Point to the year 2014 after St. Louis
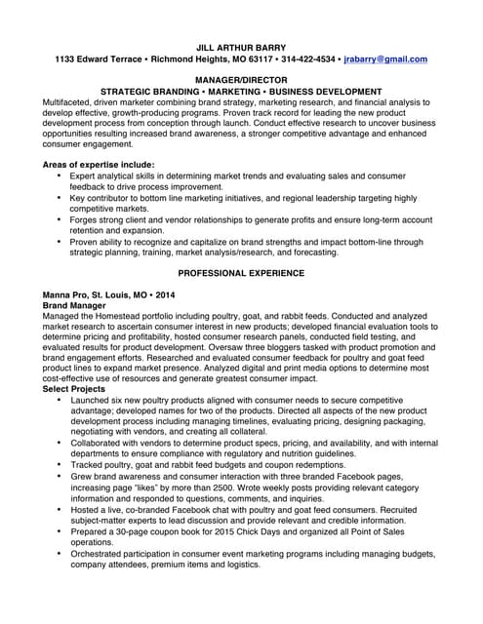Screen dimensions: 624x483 [165, 294]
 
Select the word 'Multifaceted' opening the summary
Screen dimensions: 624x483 [69, 101]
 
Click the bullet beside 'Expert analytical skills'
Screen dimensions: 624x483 [60, 175]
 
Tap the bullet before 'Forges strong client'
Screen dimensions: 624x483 [60, 218]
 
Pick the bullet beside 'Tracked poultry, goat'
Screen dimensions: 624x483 [60, 464]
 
